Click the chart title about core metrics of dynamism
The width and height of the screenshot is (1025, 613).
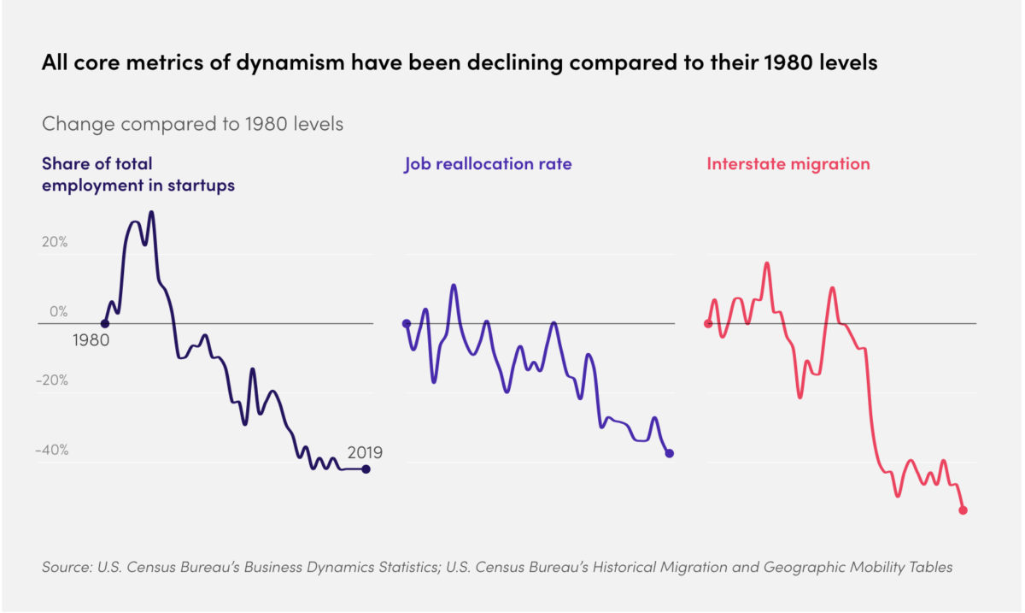[x=460, y=65]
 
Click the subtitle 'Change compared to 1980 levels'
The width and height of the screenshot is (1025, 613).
[x=192, y=124]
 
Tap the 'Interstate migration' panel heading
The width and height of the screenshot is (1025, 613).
[x=788, y=164]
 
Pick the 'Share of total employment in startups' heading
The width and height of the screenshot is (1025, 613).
[x=138, y=174]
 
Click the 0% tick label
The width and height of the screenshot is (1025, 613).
[x=57, y=312]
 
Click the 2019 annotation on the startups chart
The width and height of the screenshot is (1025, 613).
[x=365, y=452]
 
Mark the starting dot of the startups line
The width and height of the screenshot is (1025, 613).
[x=104, y=324]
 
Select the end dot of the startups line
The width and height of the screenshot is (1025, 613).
[x=366, y=469]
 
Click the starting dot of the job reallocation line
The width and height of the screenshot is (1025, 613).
[x=406, y=324]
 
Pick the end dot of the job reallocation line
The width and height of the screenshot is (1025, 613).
[x=670, y=453]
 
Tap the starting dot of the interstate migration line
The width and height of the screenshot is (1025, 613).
[x=708, y=323]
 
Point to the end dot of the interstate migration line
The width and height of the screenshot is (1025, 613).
[x=963, y=510]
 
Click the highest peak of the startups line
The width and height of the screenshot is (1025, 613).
[x=151, y=212]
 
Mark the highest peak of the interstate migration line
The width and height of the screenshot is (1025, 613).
[x=767, y=263]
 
